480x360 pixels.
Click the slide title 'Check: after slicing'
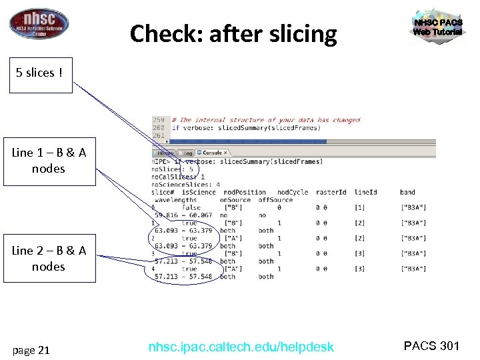pyautogui.click(x=233, y=33)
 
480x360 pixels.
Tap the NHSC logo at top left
pyautogui.click(x=39, y=23)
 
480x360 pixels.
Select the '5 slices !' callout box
pyautogui.click(x=39, y=73)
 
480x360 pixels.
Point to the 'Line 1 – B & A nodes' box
pyautogui.click(x=49, y=161)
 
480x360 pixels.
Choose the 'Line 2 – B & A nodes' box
pyautogui.click(x=49, y=259)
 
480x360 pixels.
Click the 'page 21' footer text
pyautogui.click(x=32, y=349)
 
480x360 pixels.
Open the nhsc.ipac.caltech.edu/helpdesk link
pyautogui.click(x=241, y=347)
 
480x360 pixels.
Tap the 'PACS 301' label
pyautogui.click(x=432, y=345)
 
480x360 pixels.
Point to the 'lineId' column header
pyautogui.click(x=365, y=192)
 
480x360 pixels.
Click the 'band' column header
pyautogui.click(x=408, y=192)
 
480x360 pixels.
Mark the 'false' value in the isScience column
pyautogui.click(x=191, y=207)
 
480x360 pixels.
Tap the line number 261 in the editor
pyautogui.click(x=158, y=135)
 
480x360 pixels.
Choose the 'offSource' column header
pyautogui.click(x=276, y=199)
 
